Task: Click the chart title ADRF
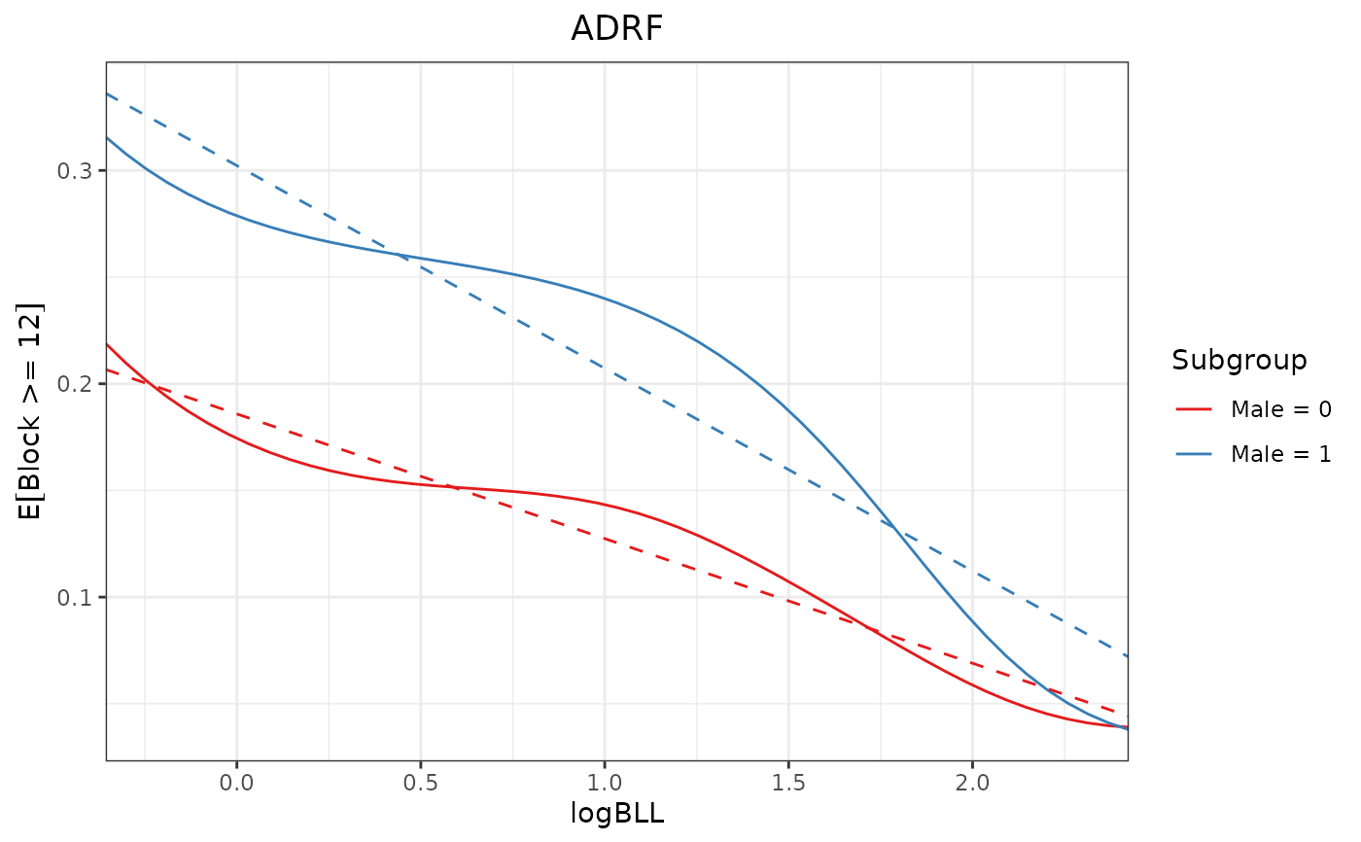coord(616,29)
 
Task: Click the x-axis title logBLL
coord(616,815)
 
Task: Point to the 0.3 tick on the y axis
coord(79,171)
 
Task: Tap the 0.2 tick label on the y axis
coord(79,384)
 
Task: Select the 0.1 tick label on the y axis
coord(79,597)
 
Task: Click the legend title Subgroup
coord(1239,361)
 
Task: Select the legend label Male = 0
coord(1280,410)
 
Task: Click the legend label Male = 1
coord(1280,453)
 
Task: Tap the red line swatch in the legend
coord(1193,410)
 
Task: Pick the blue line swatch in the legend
coord(1193,453)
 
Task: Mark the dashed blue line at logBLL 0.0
coord(236,164)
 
